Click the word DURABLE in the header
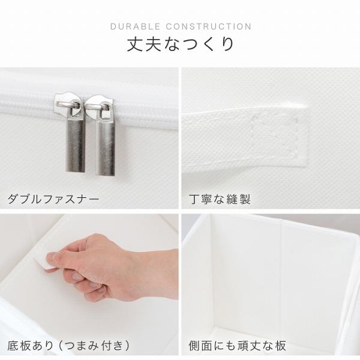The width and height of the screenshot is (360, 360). [135, 26]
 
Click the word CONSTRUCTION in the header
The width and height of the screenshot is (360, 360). [209, 26]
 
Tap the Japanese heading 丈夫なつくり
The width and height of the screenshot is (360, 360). [181, 44]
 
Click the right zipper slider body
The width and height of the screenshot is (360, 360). [100, 106]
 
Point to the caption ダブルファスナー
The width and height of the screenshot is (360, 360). [53, 199]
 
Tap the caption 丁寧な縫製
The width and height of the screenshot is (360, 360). [220, 199]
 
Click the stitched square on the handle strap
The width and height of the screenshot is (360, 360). [274, 136]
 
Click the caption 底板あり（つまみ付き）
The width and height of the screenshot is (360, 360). [69, 346]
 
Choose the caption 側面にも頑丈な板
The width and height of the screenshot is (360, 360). [238, 346]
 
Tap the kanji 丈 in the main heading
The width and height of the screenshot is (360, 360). [136, 44]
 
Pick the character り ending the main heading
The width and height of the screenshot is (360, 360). [227, 44]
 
